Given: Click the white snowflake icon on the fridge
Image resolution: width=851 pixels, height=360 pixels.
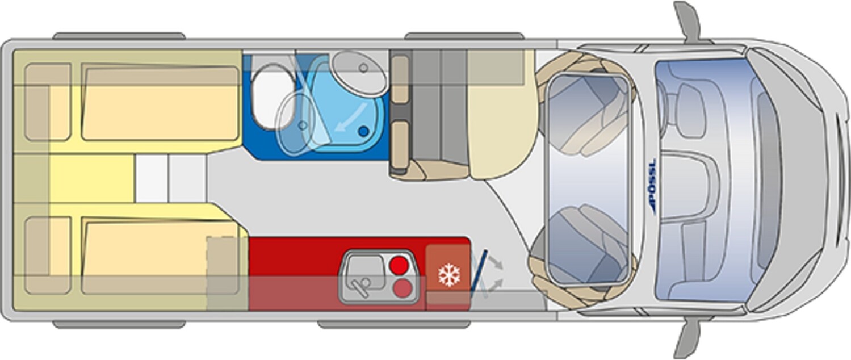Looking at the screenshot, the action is pos(449,275).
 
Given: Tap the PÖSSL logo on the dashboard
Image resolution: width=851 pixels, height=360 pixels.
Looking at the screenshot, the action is pos(652,186).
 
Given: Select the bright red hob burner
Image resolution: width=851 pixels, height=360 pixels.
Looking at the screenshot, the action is pos(399,265).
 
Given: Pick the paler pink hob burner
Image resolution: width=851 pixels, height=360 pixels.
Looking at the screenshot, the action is pos(403,288).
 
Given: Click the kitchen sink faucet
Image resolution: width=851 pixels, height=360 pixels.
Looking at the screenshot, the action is pos(360,284).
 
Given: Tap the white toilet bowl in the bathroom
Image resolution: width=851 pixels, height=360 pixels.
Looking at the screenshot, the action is pos(272,97).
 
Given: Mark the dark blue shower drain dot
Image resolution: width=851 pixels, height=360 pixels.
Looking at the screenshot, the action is pos(363,132).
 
